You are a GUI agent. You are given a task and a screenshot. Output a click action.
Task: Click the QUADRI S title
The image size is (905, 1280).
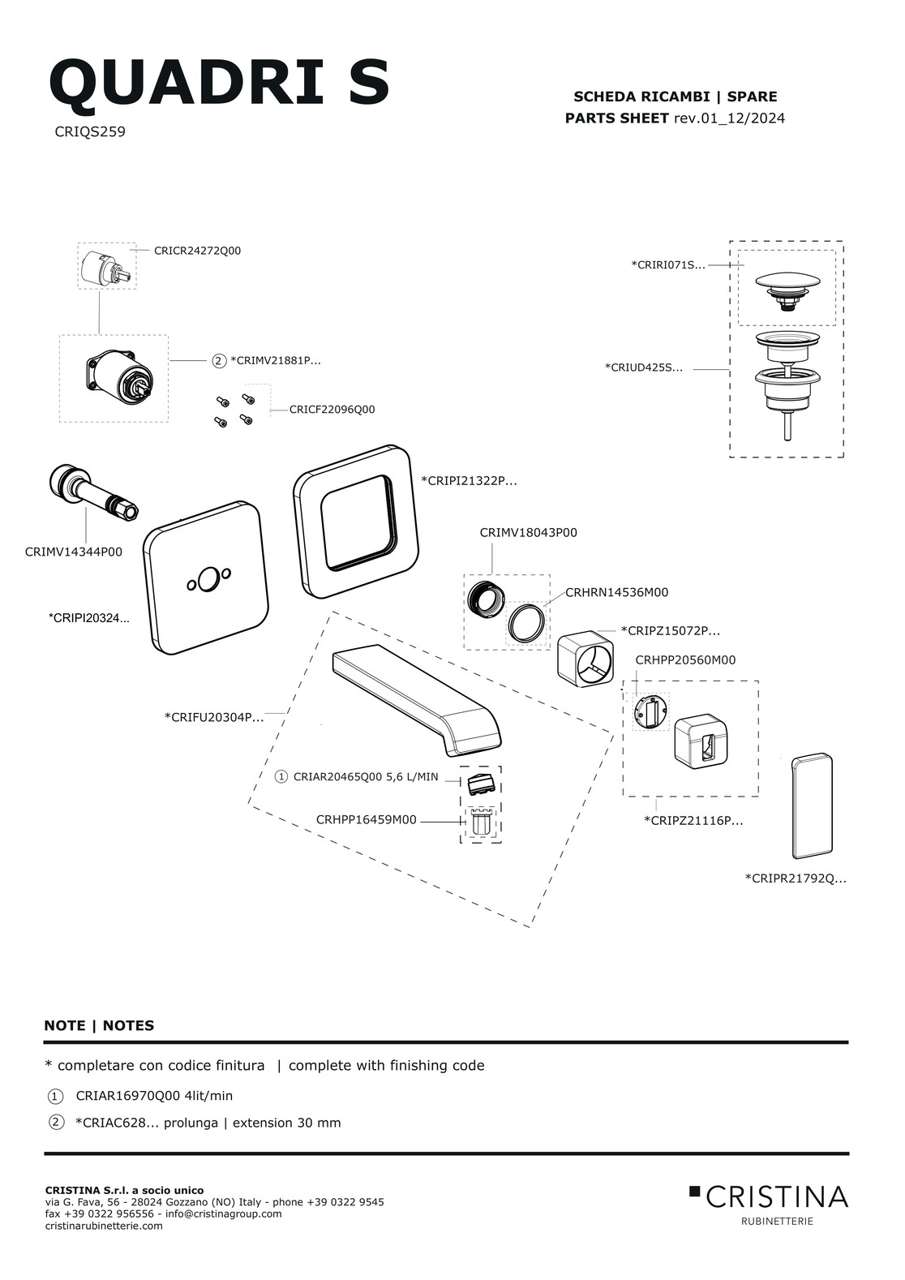click(x=219, y=83)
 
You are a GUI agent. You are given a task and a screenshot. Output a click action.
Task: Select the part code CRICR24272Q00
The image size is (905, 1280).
click(x=197, y=251)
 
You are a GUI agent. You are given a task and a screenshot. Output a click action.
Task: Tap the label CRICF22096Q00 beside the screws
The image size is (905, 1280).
click(x=332, y=410)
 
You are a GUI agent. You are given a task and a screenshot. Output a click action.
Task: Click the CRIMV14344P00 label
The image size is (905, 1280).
click(x=74, y=552)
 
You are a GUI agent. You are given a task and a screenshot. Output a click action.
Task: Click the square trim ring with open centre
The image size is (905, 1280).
click(x=357, y=521)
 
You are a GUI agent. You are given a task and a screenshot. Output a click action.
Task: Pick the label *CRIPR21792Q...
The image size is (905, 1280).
click(x=795, y=878)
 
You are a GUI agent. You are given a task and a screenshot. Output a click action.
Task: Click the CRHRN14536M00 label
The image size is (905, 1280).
click(x=616, y=593)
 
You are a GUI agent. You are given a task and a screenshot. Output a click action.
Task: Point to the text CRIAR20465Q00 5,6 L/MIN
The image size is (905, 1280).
click(x=365, y=777)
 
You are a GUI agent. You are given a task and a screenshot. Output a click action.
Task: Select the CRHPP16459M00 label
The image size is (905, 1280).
click(x=366, y=820)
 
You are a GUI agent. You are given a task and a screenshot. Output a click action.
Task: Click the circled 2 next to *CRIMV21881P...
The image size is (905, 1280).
click(x=218, y=361)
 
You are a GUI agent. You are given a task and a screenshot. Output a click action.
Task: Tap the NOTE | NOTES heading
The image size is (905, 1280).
click(x=99, y=1025)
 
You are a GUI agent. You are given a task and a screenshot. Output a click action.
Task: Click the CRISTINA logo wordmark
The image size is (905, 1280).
click(x=776, y=1196)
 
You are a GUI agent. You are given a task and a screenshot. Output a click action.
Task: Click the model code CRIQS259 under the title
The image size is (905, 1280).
click(x=90, y=131)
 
